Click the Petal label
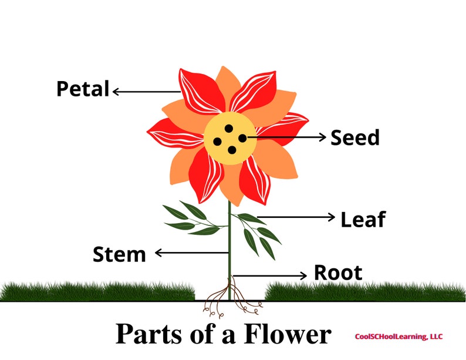coord(83,89)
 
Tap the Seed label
coord(355,138)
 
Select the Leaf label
coord(363,219)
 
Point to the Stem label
coord(119,255)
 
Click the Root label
coord(338,273)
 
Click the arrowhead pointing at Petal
coord(116,91)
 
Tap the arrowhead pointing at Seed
coord(322,137)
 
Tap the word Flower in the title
coord(289,334)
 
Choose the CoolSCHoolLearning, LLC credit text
coord(399,337)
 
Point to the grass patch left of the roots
coord(97,291)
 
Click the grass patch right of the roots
coord(364,291)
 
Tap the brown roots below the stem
coord(230,297)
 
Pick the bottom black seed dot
coord(232,150)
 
